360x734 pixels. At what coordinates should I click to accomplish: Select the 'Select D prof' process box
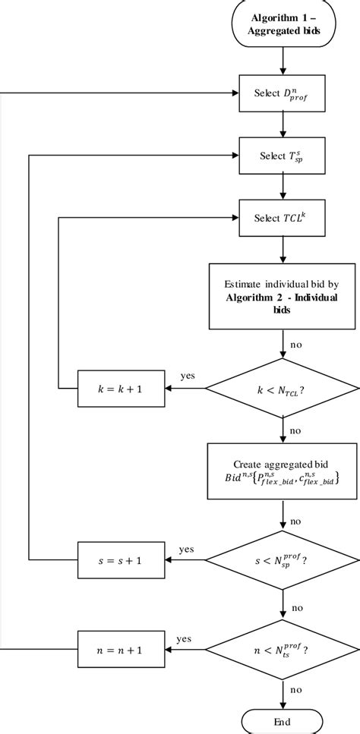[283, 95]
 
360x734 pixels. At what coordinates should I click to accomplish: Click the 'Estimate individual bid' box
[283, 296]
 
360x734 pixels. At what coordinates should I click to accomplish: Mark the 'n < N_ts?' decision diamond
[283, 650]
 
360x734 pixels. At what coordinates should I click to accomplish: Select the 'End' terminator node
[283, 721]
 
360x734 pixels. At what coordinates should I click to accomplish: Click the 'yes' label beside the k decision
[189, 376]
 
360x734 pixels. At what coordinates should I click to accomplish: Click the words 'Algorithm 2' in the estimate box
[255, 297]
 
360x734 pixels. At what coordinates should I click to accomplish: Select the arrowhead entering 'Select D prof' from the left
[235, 95]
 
